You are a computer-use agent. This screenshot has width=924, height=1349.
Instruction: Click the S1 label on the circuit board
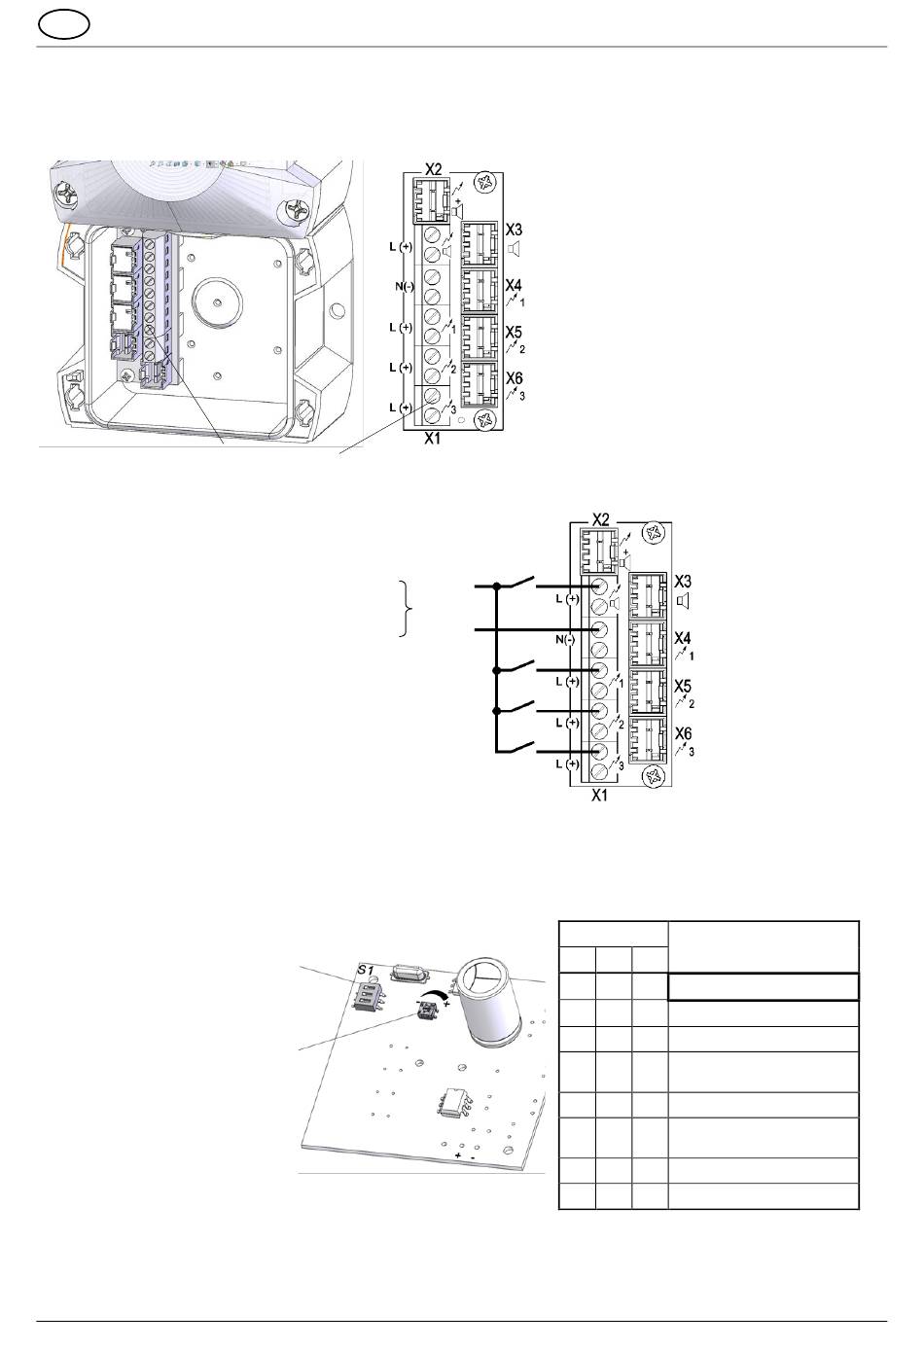click(x=365, y=970)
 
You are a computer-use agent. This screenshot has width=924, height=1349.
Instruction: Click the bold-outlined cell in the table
click(x=763, y=986)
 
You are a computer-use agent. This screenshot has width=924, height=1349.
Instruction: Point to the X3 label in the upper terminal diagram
click(x=515, y=231)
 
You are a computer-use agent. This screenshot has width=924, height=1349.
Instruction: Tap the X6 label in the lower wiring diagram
click(x=685, y=736)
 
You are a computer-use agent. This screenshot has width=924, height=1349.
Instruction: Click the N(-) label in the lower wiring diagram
click(x=565, y=639)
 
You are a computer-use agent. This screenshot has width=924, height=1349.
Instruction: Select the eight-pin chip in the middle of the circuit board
click(x=455, y=1102)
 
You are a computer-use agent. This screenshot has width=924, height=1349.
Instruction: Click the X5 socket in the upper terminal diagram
click(x=479, y=338)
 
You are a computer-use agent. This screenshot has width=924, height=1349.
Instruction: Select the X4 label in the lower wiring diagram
click(x=685, y=639)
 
